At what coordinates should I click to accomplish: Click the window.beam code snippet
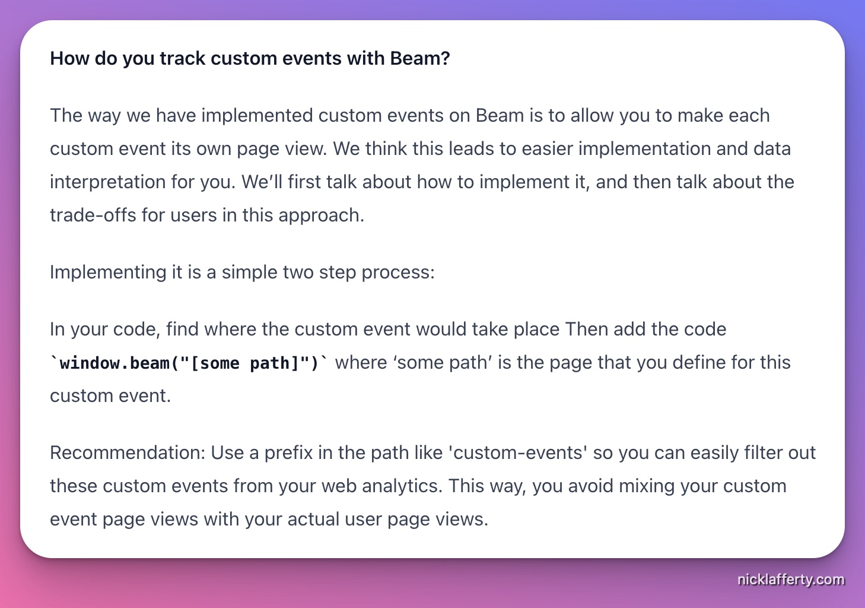(x=189, y=363)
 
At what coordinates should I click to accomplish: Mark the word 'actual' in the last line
(x=314, y=519)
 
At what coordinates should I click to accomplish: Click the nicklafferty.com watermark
(x=790, y=579)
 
